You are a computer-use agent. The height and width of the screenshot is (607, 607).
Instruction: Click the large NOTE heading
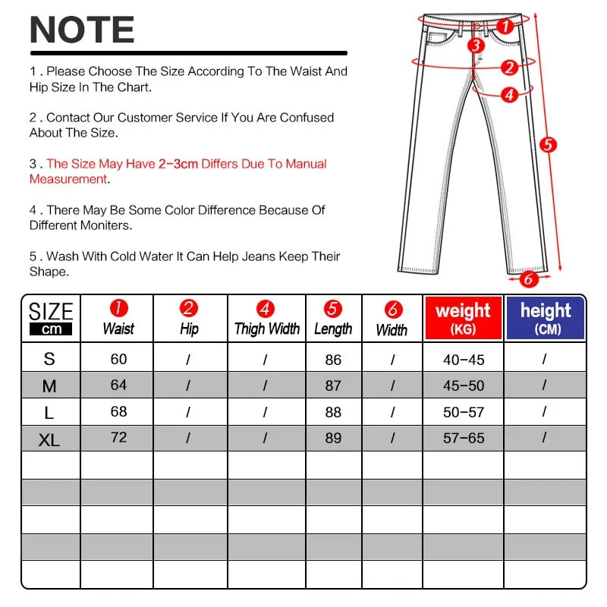point(82,30)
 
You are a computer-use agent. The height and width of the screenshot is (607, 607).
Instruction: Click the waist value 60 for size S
point(118,359)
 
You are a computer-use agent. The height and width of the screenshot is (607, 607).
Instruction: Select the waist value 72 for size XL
point(118,438)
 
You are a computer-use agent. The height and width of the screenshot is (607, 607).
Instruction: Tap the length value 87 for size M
point(333,385)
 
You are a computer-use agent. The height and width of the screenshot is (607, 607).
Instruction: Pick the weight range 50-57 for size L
point(463,412)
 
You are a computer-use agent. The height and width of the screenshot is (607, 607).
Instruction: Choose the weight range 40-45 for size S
point(463,360)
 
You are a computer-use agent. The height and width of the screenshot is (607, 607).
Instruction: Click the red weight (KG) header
point(463,318)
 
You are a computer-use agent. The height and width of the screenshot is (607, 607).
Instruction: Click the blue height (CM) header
point(546,318)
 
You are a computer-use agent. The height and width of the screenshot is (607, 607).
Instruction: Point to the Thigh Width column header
point(266,319)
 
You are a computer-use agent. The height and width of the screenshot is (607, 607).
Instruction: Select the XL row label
point(49,439)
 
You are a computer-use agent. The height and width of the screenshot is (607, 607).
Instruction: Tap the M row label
point(49,386)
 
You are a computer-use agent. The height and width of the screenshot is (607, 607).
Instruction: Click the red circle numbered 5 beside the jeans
point(549,144)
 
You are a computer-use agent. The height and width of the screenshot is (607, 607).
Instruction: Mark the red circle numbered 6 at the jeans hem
point(529,278)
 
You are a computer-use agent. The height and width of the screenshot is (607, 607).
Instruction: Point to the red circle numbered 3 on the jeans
point(476,45)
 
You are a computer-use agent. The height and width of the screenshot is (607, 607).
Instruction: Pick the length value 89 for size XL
point(333,439)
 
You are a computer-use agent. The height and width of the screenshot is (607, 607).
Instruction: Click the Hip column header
point(189,319)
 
